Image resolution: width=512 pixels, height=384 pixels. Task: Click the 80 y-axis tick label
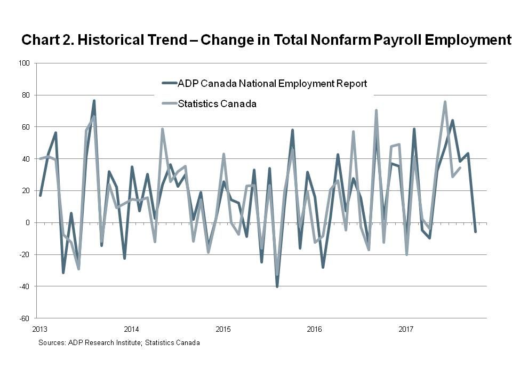(x=26, y=95)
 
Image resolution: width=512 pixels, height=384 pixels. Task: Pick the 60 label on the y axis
(x=26, y=127)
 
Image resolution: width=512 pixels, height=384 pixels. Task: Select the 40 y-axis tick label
(x=26, y=159)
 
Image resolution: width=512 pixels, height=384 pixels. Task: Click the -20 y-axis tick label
(x=25, y=254)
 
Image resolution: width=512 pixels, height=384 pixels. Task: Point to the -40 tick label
(x=25, y=286)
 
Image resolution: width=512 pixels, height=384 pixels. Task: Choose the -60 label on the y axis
(x=25, y=318)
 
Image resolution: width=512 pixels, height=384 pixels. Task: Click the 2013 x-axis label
(x=39, y=328)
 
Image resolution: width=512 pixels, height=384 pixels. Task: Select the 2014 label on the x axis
(x=131, y=328)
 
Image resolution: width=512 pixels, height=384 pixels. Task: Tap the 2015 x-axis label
(x=223, y=328)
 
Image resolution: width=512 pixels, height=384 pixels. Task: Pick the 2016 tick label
(x=315, y=328)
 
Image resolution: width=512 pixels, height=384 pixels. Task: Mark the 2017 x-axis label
(x=406, y=328)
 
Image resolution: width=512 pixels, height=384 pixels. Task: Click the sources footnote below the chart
(x=119, y=343)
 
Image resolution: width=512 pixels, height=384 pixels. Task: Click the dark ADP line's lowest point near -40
(x=277, y=286)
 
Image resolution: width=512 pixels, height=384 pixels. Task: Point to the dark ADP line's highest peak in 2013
(x=94, y=101)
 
